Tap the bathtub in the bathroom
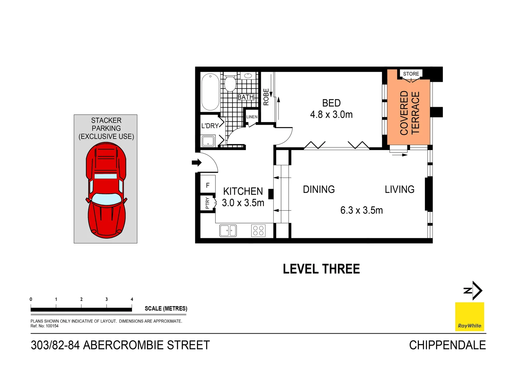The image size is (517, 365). (210, 92)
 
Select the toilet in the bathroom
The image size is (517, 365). (230, 83)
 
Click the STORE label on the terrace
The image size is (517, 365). (411, 74)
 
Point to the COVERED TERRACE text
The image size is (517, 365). (409, 113)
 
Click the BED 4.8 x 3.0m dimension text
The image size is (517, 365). (331, 115)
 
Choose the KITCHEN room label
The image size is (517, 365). (243, 191)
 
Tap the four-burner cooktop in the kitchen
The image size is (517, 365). (258, 230)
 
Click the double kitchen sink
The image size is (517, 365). (228, 230)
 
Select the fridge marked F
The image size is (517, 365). (208, 185)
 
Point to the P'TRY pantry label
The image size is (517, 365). (207, 203)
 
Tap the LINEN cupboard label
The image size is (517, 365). (252, 117)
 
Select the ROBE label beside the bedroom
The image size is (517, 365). (266, 97)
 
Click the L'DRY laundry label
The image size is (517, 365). (210, 126)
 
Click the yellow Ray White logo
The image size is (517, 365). (469, 317)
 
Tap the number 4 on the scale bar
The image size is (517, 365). (132, 299)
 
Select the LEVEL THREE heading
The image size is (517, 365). (321, 269)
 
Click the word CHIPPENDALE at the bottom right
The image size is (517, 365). (447, 345)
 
